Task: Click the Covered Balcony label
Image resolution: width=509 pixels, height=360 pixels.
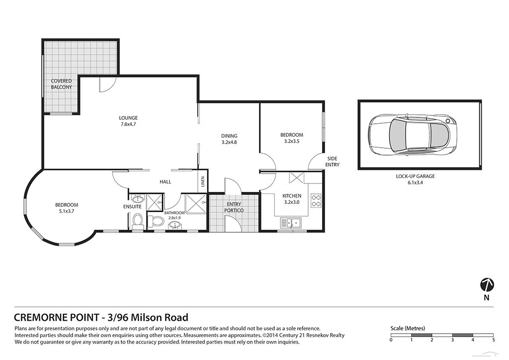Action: (61, 84)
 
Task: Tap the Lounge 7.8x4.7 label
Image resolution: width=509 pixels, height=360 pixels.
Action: (128, 121)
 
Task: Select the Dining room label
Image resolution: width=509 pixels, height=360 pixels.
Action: (229, 139)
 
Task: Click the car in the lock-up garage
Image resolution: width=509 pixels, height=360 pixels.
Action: (413, 134)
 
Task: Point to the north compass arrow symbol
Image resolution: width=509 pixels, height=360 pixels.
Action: (487, 285)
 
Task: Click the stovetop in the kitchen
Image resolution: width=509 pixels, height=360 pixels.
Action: (316, 200)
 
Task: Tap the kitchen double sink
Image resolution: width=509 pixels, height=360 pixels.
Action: (291, 223)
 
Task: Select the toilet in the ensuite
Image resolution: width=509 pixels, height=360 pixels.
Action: (137, 221)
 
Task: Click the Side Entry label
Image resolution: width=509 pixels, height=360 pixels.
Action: (332, 162)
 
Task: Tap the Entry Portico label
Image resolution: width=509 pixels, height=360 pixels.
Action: (234, 207)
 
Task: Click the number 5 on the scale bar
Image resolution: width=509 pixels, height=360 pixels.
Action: (494, 340)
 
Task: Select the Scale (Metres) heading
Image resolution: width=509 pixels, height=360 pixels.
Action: (408, 328)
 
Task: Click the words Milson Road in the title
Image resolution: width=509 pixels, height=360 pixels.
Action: (160, 317)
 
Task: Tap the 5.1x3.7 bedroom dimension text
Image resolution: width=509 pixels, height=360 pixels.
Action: (67, 211)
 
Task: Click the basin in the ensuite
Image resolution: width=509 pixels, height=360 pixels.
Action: (138, 198)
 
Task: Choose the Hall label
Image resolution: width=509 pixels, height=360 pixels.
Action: (165, 182)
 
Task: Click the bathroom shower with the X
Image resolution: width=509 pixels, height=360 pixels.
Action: (195, 204)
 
